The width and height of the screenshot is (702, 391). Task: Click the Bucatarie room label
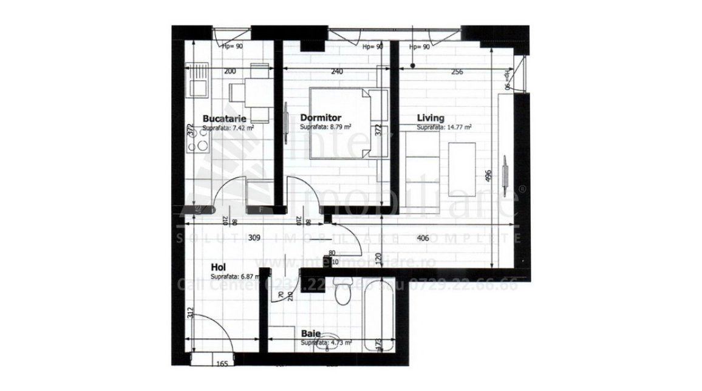[219, 118]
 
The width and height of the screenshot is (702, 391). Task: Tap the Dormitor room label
[321, 118]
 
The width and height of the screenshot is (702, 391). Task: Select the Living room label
[431, 118]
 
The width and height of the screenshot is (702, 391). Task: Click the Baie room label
[311, 333]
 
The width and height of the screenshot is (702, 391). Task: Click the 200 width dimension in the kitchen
[230, 71]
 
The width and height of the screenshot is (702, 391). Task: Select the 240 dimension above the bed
[337, 71]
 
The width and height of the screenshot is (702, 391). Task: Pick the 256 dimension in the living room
[457, 72]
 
